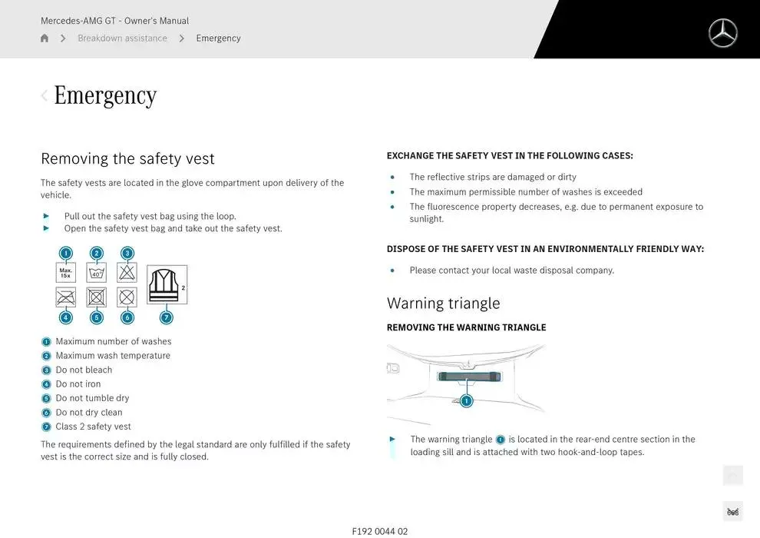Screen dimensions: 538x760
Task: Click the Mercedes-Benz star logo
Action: coord(722,33)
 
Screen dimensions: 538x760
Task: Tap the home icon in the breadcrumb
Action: coord(45,38)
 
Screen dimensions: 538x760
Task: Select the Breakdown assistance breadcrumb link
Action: coord(122,38)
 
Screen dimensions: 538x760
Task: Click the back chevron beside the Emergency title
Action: coord(44,95)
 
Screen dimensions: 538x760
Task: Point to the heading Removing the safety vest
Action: coord(127,159)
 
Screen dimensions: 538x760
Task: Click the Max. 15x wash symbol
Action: coord(66,273)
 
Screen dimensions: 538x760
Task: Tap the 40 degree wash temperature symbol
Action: coord(96,273)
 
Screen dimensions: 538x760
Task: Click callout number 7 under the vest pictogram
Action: coord(166,317)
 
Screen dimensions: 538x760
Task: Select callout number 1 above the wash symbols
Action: coord(66,253)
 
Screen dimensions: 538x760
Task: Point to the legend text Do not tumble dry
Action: coord(92,398)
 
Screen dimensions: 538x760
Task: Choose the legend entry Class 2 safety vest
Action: coord(93,427)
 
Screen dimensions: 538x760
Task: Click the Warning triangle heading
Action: coord(443,304)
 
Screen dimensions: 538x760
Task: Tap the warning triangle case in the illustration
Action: coord(468,377)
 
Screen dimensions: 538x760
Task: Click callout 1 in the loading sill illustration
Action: coord(467,400)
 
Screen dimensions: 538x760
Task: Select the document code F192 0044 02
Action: coord(380,531)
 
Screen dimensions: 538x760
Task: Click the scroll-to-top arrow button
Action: coord(732,476)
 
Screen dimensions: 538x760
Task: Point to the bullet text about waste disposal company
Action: coord(511,271)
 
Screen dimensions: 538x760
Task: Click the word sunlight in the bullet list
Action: coord(427,219)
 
